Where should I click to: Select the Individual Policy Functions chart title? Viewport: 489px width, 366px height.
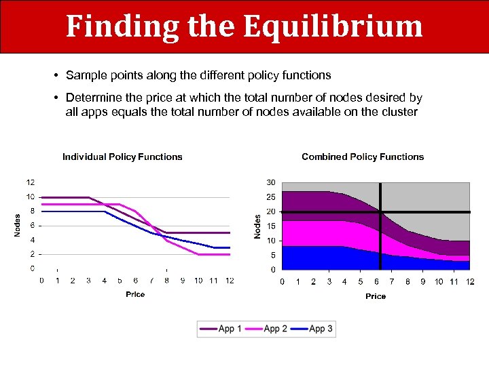[122, 157]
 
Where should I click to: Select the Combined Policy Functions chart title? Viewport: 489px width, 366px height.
[363, 157]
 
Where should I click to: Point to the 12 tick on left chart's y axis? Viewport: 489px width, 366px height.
[31, 182]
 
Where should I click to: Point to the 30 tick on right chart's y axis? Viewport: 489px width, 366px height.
[270, 182]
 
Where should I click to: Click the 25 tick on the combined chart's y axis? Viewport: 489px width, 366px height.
[270, 197]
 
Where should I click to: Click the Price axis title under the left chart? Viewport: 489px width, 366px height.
[135, 294]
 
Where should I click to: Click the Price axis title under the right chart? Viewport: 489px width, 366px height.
[376, 296]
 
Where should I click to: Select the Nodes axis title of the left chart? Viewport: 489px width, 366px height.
[18, 225]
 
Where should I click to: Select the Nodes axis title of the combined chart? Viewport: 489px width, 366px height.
[257, 226]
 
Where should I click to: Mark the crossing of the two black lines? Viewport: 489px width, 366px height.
[380, 212]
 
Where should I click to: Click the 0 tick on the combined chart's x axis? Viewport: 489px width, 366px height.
[283, 281]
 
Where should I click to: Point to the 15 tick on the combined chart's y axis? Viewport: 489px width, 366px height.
[270, 226]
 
